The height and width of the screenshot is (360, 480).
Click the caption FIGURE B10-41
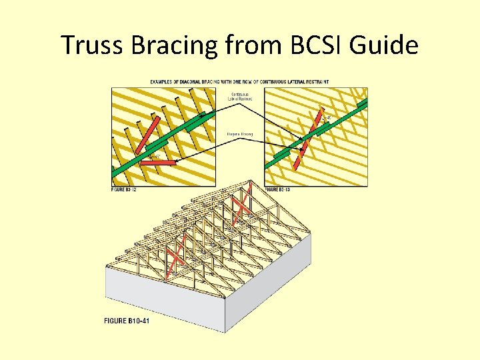pos(126,321)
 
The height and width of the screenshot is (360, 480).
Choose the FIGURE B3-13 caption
pos(279,190)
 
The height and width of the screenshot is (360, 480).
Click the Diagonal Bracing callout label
pos(240,133)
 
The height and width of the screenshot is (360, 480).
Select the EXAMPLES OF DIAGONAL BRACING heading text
pos(239,82)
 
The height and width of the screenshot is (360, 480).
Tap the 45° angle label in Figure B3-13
pos(328,117)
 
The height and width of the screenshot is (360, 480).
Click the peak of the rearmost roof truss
pos(250,181)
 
